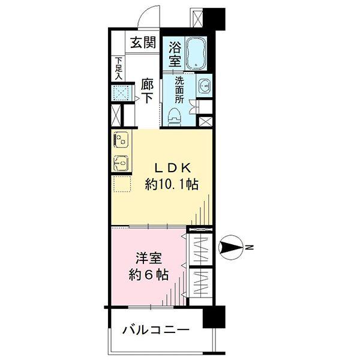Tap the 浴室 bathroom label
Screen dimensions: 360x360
pyautogui.click(x=175, y=52)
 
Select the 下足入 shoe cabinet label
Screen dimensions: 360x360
pyautogui.click(x=119, y=68)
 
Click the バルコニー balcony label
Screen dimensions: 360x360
pyautogui.click(x=156, y=330)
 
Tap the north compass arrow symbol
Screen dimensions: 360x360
pyautogui.click(x=231, y=247)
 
